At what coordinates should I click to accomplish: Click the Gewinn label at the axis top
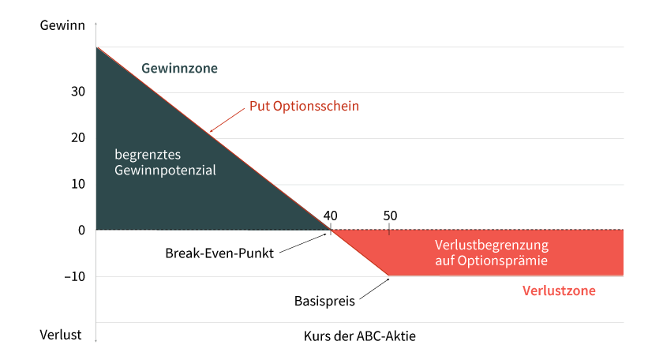pos(62,25)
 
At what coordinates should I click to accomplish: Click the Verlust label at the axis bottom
pos(61,335)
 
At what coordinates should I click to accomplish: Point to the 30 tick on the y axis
pos(78,92)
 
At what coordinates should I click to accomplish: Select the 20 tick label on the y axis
pos(78,137)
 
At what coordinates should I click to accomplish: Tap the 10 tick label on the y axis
pos(78,184)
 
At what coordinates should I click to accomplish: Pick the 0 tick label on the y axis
pos(81,230)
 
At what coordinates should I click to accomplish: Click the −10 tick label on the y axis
pos(75,276)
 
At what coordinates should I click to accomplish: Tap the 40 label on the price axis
pos(330,216)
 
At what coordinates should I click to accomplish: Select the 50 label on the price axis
pos(390,216)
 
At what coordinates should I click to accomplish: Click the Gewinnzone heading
pos(179,68)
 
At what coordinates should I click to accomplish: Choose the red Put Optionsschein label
pos(304,106)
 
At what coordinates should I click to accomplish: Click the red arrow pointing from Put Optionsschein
pos(227,120)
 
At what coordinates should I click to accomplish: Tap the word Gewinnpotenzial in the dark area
pos(165,170)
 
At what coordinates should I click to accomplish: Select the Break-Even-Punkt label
pos(219,253)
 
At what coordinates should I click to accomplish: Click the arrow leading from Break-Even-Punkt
pos(303,243)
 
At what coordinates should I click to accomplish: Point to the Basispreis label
pos(324,302)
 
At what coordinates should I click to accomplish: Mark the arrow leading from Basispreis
pos(374,289)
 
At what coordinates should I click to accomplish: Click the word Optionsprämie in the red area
pos(502,261)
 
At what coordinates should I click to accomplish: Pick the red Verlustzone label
pos(559,291)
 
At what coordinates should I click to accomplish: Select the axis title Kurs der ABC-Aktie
pos(359,336)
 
